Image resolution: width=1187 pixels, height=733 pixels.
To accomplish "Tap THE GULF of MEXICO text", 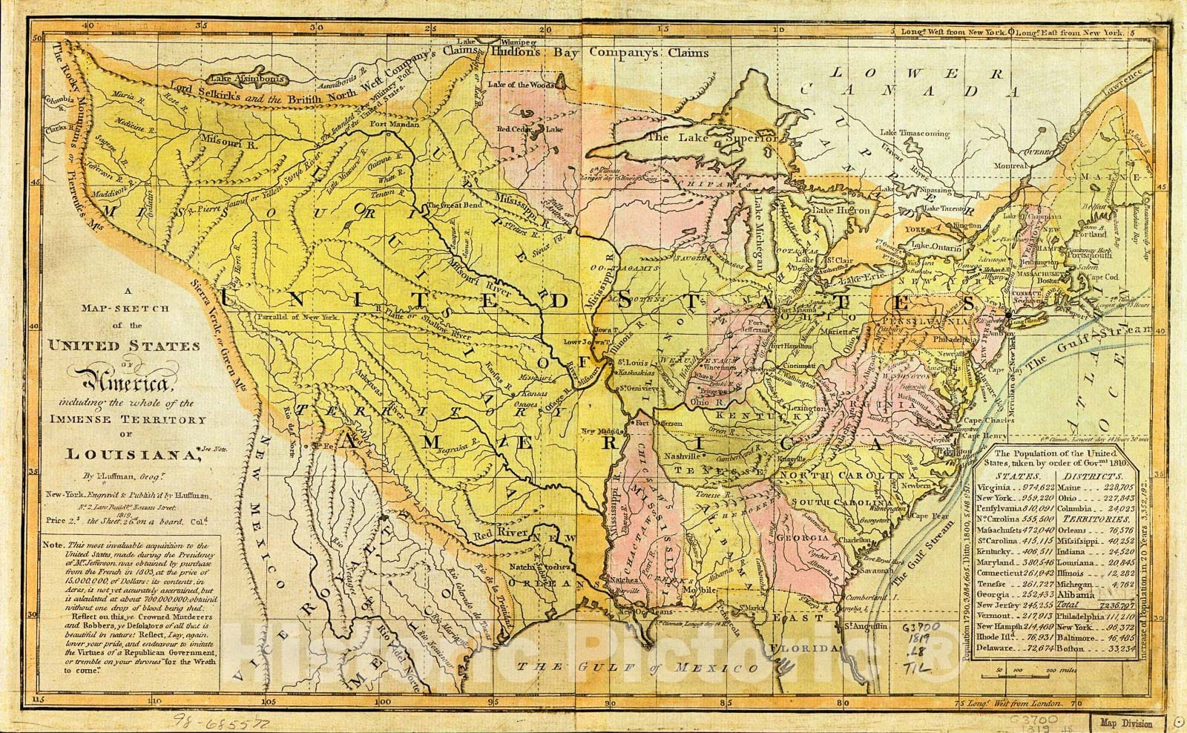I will click(x=639, y=668).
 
